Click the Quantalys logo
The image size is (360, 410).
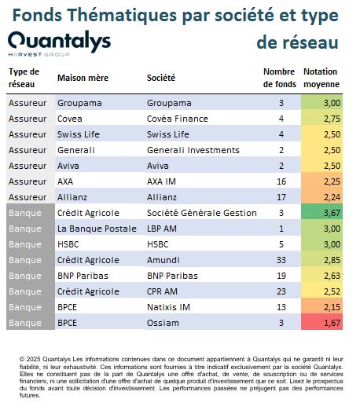60,43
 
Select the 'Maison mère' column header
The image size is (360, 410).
83,78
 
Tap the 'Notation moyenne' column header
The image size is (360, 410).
321,78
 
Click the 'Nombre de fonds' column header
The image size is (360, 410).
280,78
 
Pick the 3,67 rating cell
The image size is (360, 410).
321,213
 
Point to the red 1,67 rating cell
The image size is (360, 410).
321,323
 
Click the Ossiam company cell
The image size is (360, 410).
163,323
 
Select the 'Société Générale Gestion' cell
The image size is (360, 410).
202,213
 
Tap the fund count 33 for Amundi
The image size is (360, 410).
281,260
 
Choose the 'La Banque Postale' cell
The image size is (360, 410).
97,229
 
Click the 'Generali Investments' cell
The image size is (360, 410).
193,150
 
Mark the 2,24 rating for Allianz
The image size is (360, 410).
332,197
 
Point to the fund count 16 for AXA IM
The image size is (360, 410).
281,181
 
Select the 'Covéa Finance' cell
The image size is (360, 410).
178,119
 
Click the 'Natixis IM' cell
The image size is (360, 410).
168,307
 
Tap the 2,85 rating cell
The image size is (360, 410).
332,260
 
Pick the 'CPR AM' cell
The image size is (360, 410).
162,291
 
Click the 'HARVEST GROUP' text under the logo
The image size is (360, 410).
39,54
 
